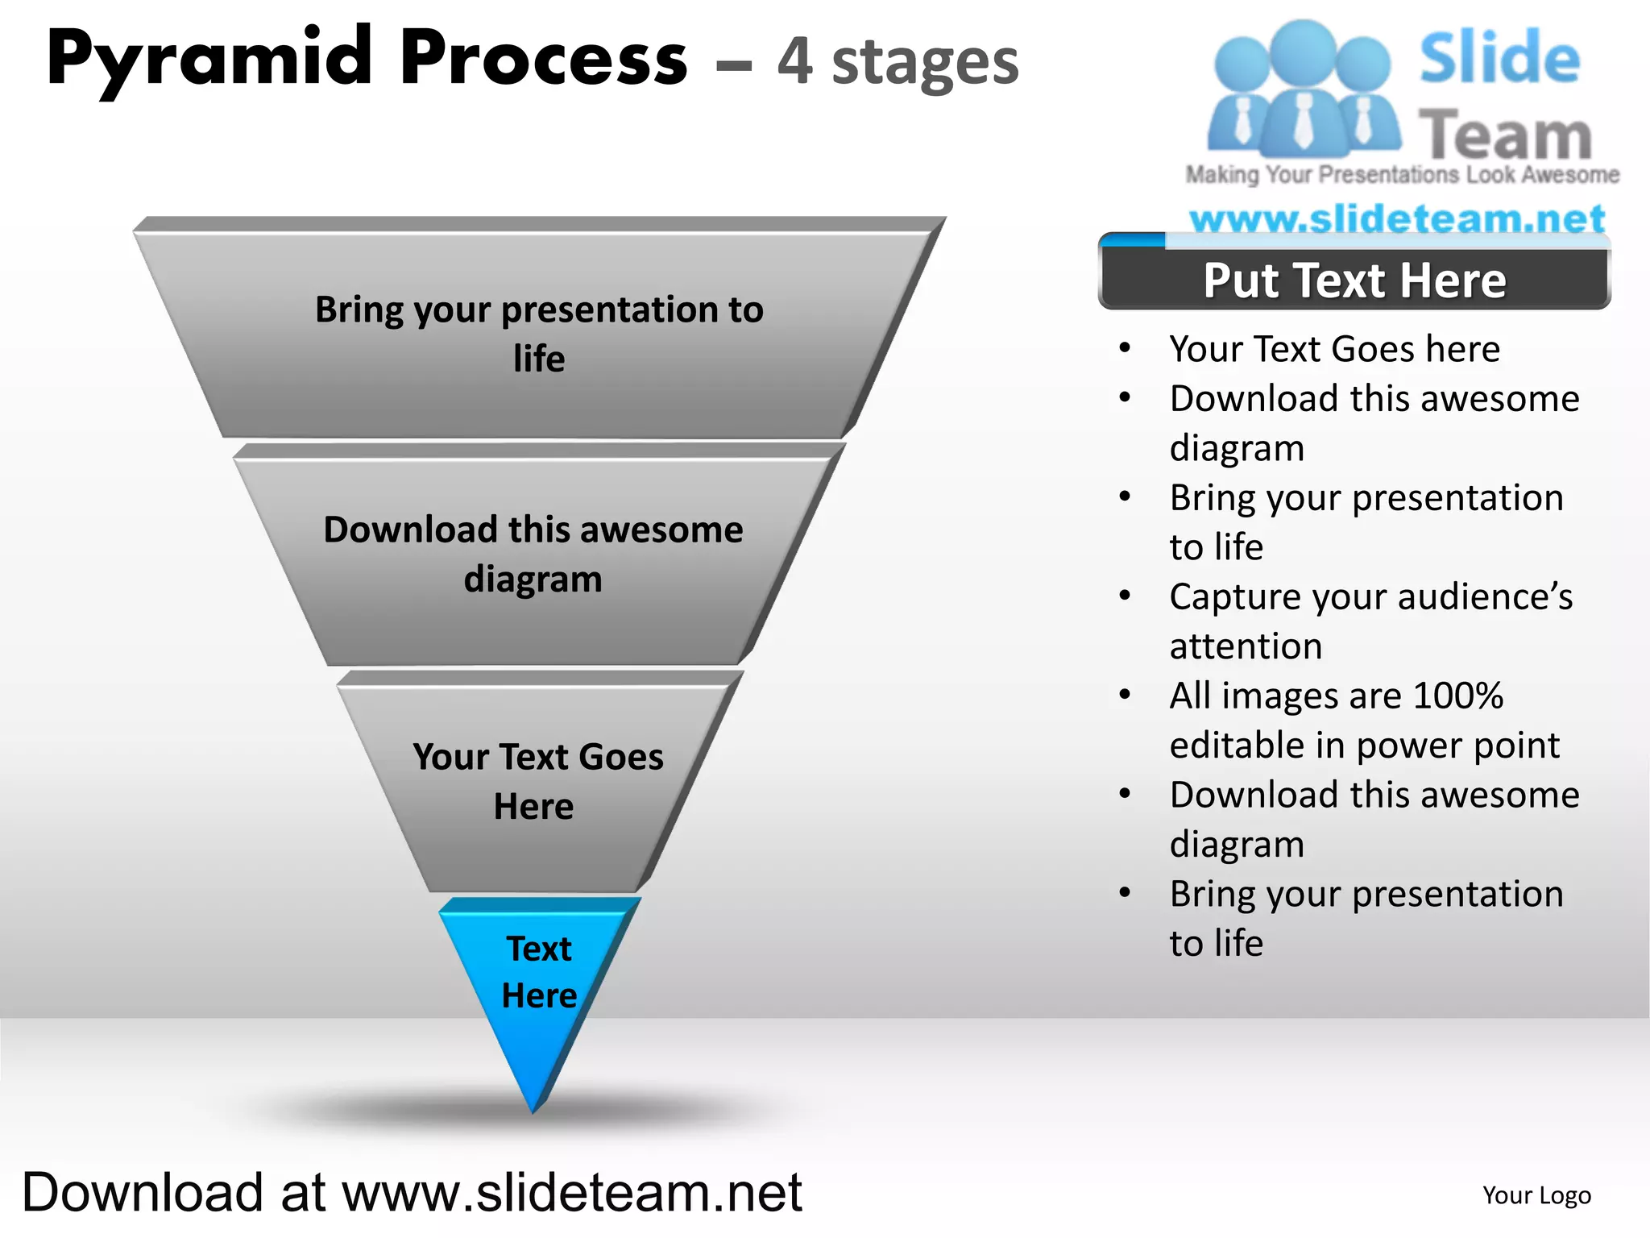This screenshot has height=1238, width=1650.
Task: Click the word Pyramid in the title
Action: tap(209, 58)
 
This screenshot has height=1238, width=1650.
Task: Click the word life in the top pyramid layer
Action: tap(539, 359)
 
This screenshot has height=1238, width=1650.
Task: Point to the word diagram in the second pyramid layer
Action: tap(533, 580)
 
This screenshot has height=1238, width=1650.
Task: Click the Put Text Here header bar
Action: tap(1354, 280)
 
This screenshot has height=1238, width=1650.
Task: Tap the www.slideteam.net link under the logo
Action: tap(1397, 218)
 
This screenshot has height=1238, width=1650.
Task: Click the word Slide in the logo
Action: tap(1499, 58)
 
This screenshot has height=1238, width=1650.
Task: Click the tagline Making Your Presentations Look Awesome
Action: tap(1402, 174)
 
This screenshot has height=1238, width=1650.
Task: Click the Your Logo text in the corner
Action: tap(1536, 1194)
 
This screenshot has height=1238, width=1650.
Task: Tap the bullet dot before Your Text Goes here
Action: tap(1126, 348)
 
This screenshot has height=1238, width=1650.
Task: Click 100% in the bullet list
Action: tap(1458, 696)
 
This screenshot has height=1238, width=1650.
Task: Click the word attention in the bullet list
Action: tap(1246, 646)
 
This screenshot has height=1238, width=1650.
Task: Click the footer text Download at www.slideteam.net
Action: tap(412, 1192)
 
